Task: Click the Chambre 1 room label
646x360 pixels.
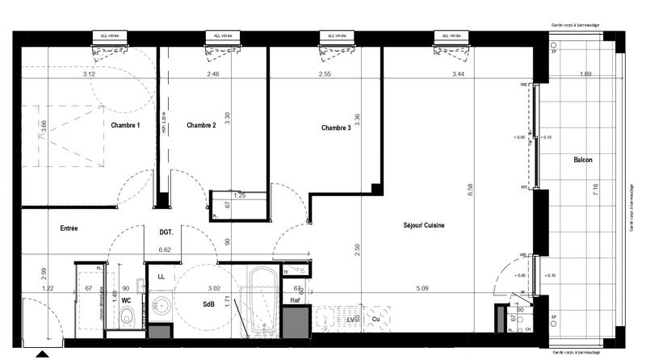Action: point(125,125)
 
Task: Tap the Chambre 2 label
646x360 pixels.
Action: point(201,125)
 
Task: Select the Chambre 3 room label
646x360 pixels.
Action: point(336,128)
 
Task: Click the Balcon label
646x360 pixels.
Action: point(583,160)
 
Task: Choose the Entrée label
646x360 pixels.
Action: point(69,228)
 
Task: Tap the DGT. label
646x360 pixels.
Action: point(167,232)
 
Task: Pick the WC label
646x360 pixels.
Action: point(127,300)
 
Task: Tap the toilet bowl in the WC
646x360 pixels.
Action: point(127,319)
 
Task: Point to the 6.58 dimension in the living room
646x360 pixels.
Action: point(468,190)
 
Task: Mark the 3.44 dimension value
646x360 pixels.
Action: point(457,74)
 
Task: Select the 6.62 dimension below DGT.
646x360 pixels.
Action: point(167,250)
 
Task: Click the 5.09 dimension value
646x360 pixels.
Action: point(422,287)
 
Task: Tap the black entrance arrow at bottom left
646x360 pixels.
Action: point(40,353)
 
